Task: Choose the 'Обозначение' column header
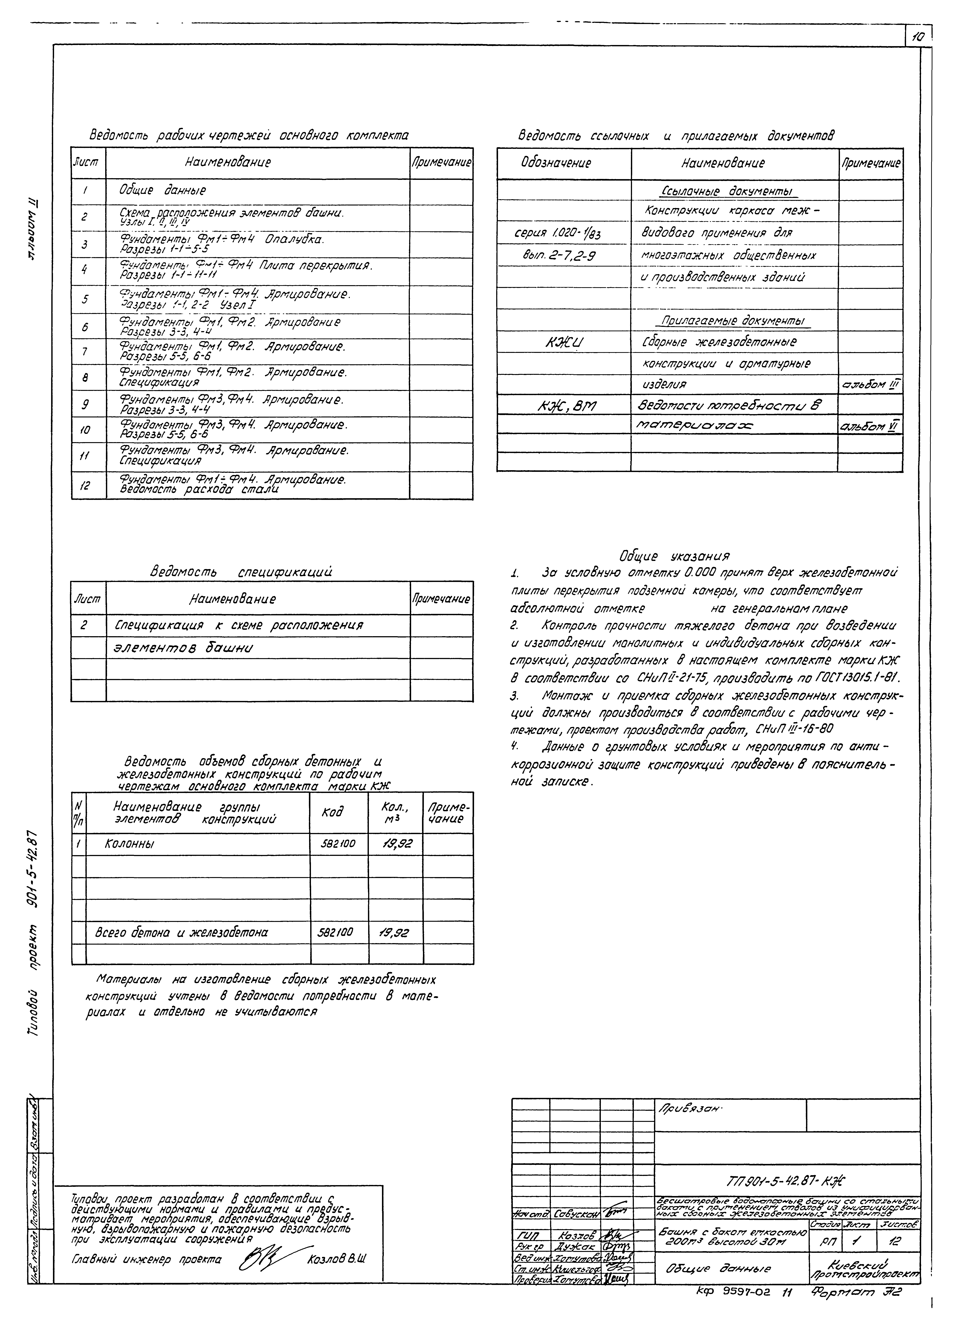tap(556, 163)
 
